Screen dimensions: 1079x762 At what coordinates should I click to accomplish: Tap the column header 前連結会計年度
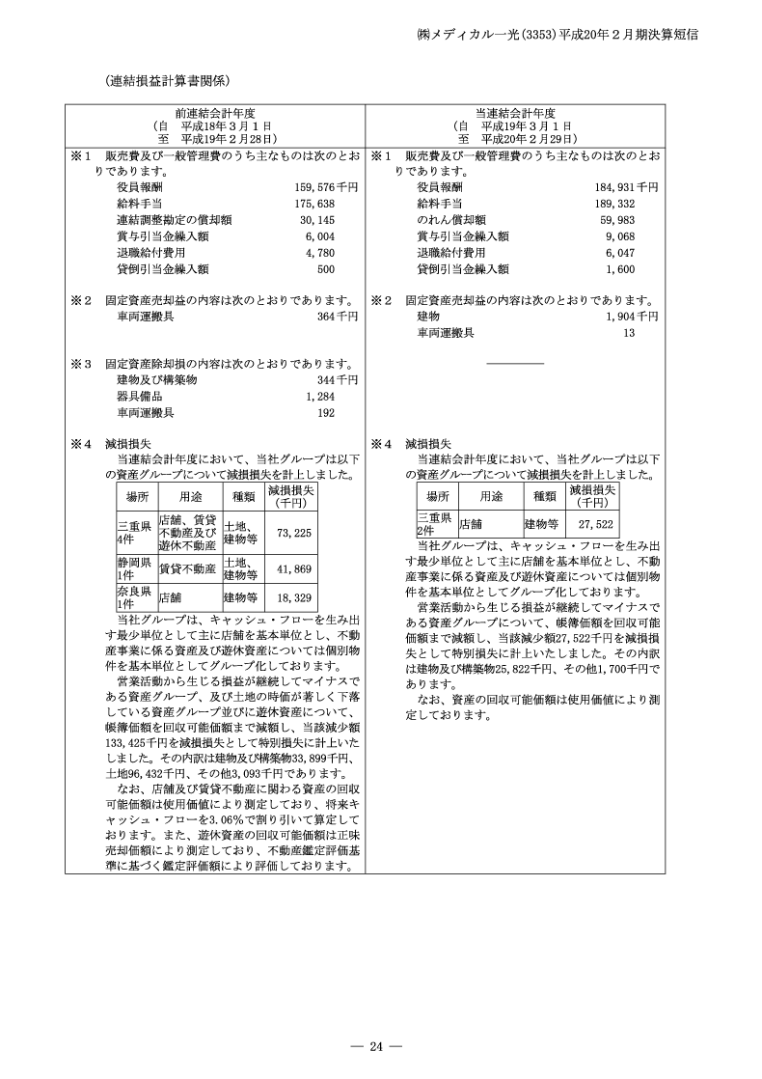215,114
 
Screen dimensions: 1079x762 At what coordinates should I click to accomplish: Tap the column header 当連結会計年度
515,114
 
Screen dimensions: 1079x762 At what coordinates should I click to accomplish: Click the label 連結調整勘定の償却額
174,220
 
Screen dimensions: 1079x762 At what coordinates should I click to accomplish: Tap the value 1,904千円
633,316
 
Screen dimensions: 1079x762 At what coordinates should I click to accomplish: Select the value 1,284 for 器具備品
319,397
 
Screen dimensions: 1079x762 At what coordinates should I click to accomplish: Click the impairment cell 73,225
293,532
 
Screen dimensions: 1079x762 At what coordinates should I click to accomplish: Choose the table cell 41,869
293,569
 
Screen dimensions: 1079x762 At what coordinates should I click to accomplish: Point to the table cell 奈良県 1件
130,595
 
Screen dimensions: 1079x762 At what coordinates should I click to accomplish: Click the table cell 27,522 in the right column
595,525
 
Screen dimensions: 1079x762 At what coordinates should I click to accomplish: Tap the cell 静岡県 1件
130,568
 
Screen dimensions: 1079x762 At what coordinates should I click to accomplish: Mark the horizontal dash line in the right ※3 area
515,363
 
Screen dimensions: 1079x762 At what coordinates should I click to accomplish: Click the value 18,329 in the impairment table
293,596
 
